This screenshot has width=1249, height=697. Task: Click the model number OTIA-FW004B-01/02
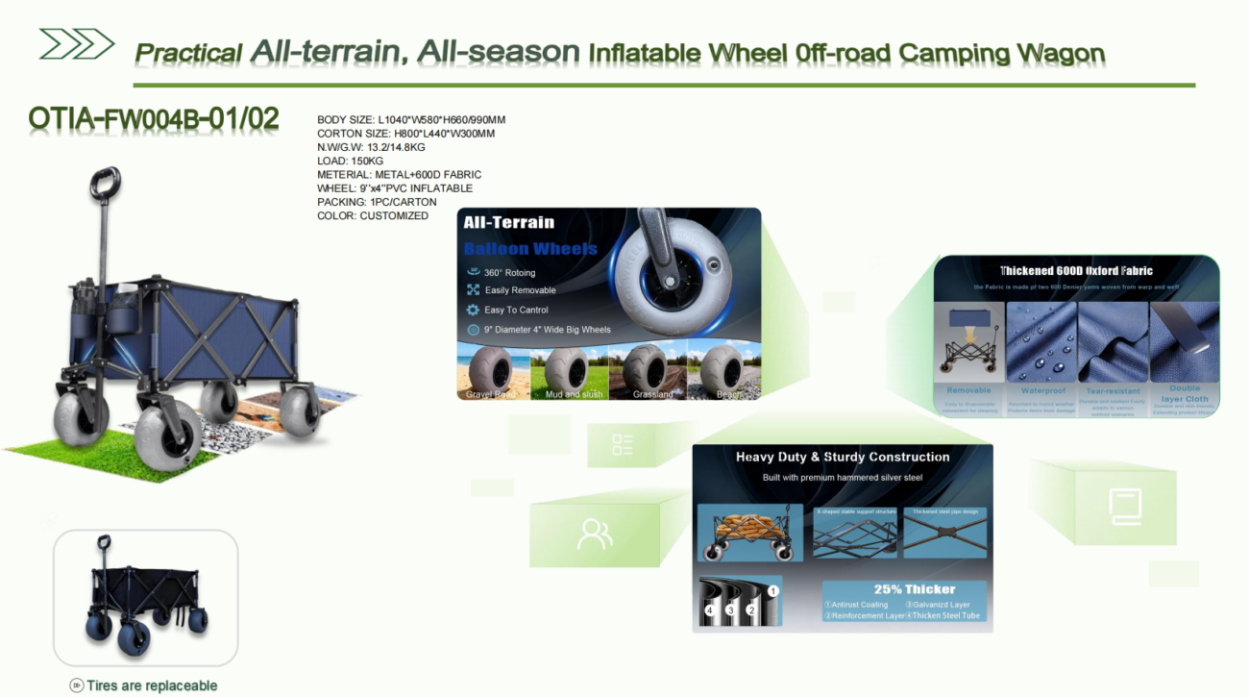(x=154, y=119)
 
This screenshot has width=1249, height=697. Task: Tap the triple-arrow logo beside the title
(x=76, y=44)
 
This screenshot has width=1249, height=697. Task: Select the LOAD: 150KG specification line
(x=351, y=162)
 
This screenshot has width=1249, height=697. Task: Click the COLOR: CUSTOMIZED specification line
(x=373, y=216)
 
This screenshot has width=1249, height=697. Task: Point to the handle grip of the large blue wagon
(x=106, y=181)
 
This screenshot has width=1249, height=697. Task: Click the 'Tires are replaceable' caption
(x=152, y=685)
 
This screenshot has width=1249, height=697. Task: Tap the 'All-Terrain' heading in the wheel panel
(x=508, y=222)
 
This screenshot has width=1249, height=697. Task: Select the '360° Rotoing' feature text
(x=510, y=273)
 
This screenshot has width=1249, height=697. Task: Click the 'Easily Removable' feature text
(x=520, y=290)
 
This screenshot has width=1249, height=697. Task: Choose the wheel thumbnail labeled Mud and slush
(x=574, y=368)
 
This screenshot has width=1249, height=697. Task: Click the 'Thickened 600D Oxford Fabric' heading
(x=1076, y=271)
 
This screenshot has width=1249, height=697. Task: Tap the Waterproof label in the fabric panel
(x=1042, y=391)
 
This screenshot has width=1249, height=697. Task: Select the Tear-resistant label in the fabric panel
(x=1113, y=391)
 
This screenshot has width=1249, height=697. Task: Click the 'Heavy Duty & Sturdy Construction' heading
(x=843, y=458)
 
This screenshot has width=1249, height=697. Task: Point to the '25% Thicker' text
(x=914, y=589)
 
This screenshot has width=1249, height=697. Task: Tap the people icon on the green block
(x=595, y=534)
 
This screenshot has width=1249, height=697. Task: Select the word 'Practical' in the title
(x=188, y=54)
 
